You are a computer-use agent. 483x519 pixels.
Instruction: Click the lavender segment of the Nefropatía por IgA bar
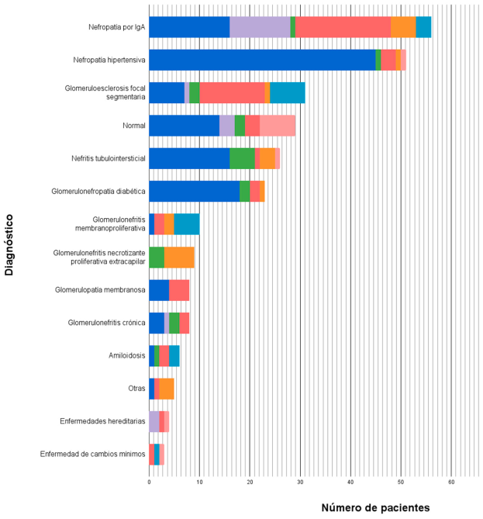[260, 26]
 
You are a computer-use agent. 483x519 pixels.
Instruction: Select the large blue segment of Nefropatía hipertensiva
[262, 60]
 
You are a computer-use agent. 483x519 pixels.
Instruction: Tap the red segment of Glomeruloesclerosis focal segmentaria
[232, 92]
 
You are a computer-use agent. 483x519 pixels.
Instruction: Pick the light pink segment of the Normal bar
[278, 126]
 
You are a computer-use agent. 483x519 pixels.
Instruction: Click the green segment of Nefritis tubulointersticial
[242, 158]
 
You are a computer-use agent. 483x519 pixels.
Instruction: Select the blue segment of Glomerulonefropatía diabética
[194, 191]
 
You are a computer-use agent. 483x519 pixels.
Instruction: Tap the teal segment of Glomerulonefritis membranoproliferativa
[187, 223]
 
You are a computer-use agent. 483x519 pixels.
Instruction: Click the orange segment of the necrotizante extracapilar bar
[179, 257]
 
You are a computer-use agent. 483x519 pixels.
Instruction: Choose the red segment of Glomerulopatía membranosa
[179, 289]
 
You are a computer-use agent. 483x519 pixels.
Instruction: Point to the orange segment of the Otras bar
[167, 389]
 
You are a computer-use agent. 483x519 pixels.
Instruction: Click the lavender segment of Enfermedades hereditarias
[154, 421]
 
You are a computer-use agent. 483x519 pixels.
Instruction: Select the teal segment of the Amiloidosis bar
[174, 355]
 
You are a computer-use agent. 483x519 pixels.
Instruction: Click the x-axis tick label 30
[301, 482]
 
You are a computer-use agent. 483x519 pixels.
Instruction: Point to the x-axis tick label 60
[451, 482]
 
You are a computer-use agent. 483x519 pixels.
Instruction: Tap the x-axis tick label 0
[149, 482]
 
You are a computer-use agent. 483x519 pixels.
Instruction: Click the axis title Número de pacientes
[375, 507]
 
